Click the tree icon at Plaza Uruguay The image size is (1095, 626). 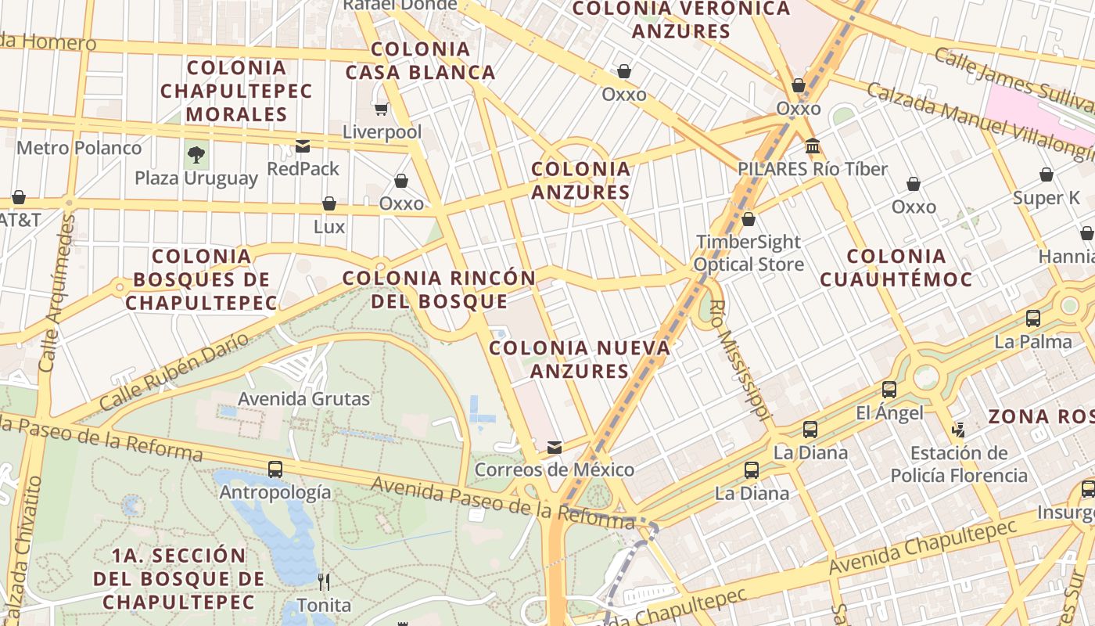196,155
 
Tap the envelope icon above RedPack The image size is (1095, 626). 303,146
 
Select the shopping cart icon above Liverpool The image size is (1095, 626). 381,109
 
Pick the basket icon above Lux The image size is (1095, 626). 329,203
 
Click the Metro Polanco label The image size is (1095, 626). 79,148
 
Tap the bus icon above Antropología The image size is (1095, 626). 275,469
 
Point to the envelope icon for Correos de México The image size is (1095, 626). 555,448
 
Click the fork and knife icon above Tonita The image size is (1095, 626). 324,581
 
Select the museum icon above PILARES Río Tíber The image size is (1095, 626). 813,146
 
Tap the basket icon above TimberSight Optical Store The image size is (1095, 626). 749,219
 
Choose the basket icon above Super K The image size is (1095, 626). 1047,174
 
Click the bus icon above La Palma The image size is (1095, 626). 1033,318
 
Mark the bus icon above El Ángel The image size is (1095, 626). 889,390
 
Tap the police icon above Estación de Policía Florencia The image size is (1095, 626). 959,430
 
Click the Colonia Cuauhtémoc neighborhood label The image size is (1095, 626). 896,268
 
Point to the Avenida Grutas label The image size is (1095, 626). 303,399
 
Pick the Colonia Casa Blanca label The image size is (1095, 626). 421,61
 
